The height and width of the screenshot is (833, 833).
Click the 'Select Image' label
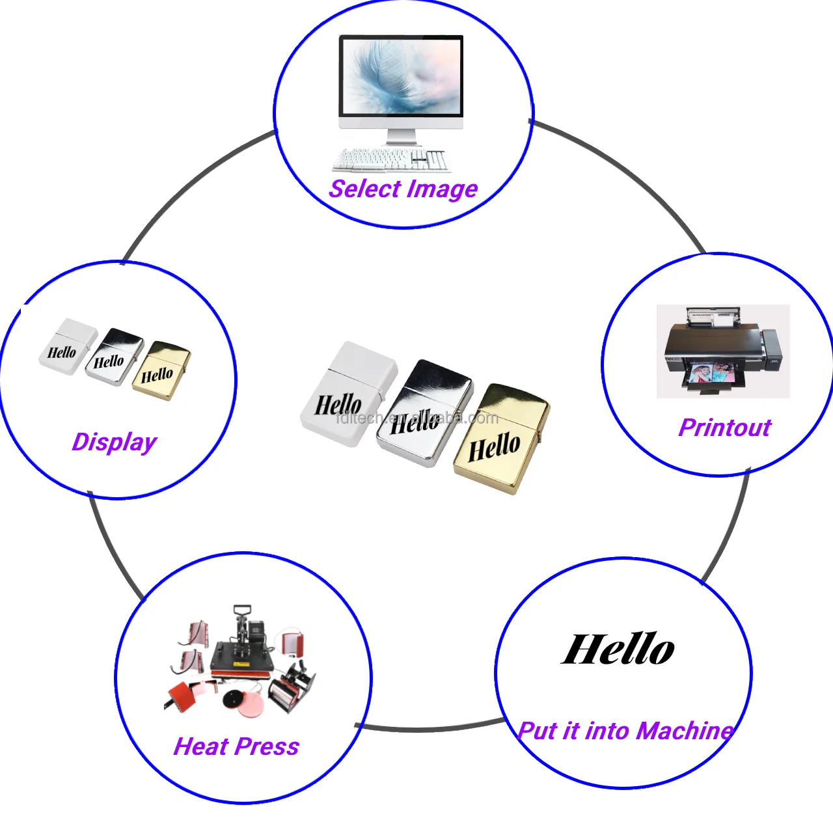pos(403,189)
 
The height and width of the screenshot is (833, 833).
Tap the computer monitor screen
pos(401,76)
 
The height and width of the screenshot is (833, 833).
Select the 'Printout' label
pos(724,428)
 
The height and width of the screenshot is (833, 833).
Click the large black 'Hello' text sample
pos(618,649)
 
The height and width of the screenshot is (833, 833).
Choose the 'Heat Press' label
pos(236,746)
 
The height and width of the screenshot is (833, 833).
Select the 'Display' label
pos(115,442)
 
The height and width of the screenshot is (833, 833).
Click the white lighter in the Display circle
pos(68,346)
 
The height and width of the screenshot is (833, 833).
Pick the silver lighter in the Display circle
pos(115,357)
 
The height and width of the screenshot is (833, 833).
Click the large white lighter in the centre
pos(348,394)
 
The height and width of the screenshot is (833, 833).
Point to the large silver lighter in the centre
pos(424,413)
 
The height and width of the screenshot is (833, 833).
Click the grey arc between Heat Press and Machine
pos(430,728)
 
